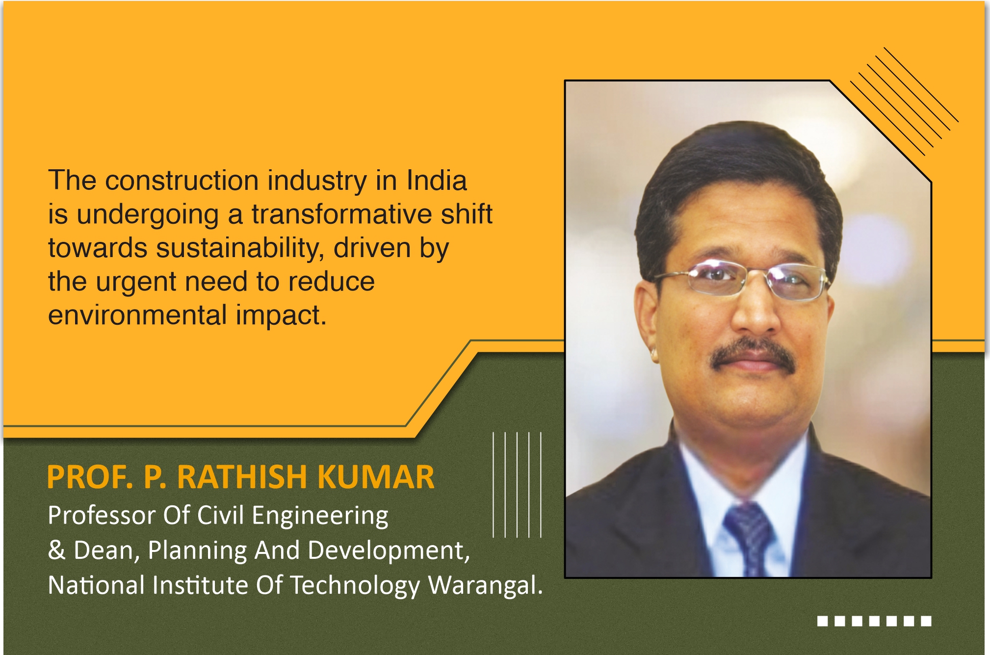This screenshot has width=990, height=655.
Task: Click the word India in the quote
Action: click(x=437, y=180)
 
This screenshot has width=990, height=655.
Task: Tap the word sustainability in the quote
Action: click(x=240, y=248)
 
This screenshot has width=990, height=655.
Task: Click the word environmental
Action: click(x=137, y=315)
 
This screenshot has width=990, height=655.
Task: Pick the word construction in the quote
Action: click(x=182, y=180)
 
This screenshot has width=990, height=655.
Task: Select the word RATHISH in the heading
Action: click(x=242, y=477)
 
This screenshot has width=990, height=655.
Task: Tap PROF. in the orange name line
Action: click(x=90, y=477)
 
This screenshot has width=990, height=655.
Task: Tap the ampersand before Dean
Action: click(x=56, y=550)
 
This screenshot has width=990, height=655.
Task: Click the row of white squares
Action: click(x=874, y=621)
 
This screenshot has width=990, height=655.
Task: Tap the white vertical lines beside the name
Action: click(x=517, y=485)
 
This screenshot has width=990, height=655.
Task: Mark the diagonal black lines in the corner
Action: click(x=904, y=101)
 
